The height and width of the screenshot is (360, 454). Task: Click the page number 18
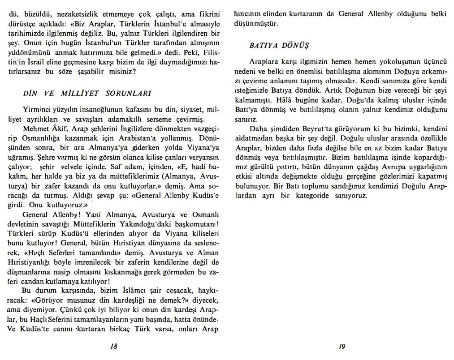click(x=113, y=347)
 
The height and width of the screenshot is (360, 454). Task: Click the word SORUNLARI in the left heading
click(x=128, y=93)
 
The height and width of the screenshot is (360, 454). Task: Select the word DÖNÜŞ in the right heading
click(x=298, y=46)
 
